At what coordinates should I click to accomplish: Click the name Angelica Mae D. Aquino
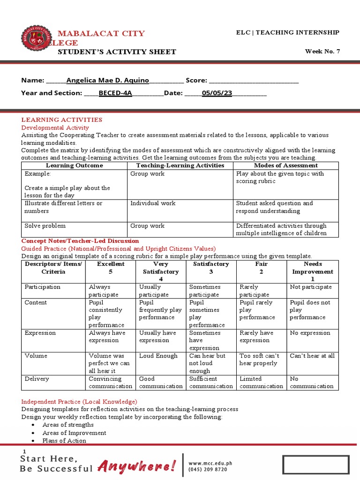tap(107, 80)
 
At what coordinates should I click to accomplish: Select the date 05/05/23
tap(217, 93)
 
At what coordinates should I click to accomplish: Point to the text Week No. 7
tap(322, 52)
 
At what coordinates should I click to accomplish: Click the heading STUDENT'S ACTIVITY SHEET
tap(117, 52)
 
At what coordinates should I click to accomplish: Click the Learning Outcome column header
tap(74, 165)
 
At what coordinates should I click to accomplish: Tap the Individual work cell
tap(147, 203)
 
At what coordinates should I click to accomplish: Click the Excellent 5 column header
tap(111, 268)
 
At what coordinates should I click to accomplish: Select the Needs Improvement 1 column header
tap(312, 271)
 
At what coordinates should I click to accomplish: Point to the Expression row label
tap(40, 333)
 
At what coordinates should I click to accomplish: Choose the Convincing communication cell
tap(110, 382)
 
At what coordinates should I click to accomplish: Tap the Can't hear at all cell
tap(312, 356)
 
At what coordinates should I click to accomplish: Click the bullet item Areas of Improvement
tap(74, 433)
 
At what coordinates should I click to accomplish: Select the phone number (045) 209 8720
tap(208, 469)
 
